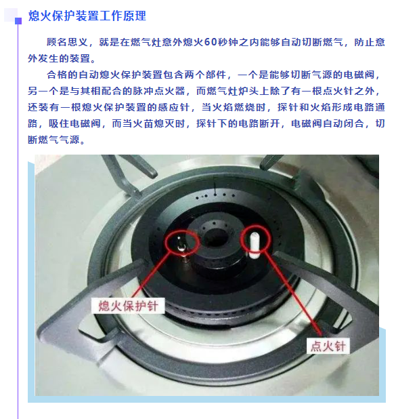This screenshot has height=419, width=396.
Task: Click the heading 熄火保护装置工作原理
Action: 87,16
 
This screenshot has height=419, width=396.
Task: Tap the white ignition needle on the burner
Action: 254,245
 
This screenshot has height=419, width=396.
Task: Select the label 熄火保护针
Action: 128,306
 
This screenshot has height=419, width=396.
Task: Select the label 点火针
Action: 328,346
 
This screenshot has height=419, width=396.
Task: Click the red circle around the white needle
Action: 241,239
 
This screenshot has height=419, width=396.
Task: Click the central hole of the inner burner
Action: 216,237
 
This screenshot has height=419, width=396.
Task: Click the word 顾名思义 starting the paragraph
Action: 67,42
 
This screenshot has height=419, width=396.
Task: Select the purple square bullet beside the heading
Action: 18,21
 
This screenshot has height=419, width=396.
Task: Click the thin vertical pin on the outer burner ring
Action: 215,188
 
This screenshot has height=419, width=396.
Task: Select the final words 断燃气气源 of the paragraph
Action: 53,140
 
